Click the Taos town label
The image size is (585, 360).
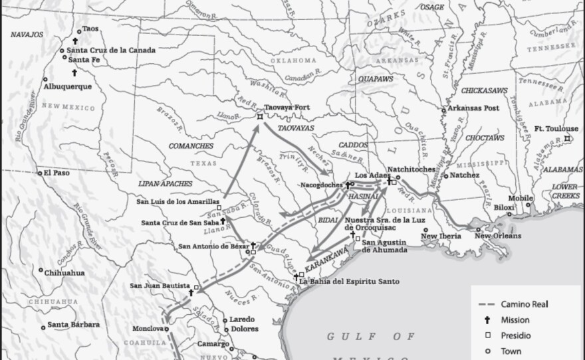(x=90, y=30)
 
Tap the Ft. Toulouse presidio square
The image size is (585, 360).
(x=567, y=138)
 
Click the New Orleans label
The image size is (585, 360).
(x=498, y=236)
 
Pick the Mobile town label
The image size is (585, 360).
(x=521, y=199)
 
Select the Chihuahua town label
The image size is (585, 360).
(x=66, y=271)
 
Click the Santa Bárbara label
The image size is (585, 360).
(x=73, y=325)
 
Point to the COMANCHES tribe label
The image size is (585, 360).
(x=191, y=145)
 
